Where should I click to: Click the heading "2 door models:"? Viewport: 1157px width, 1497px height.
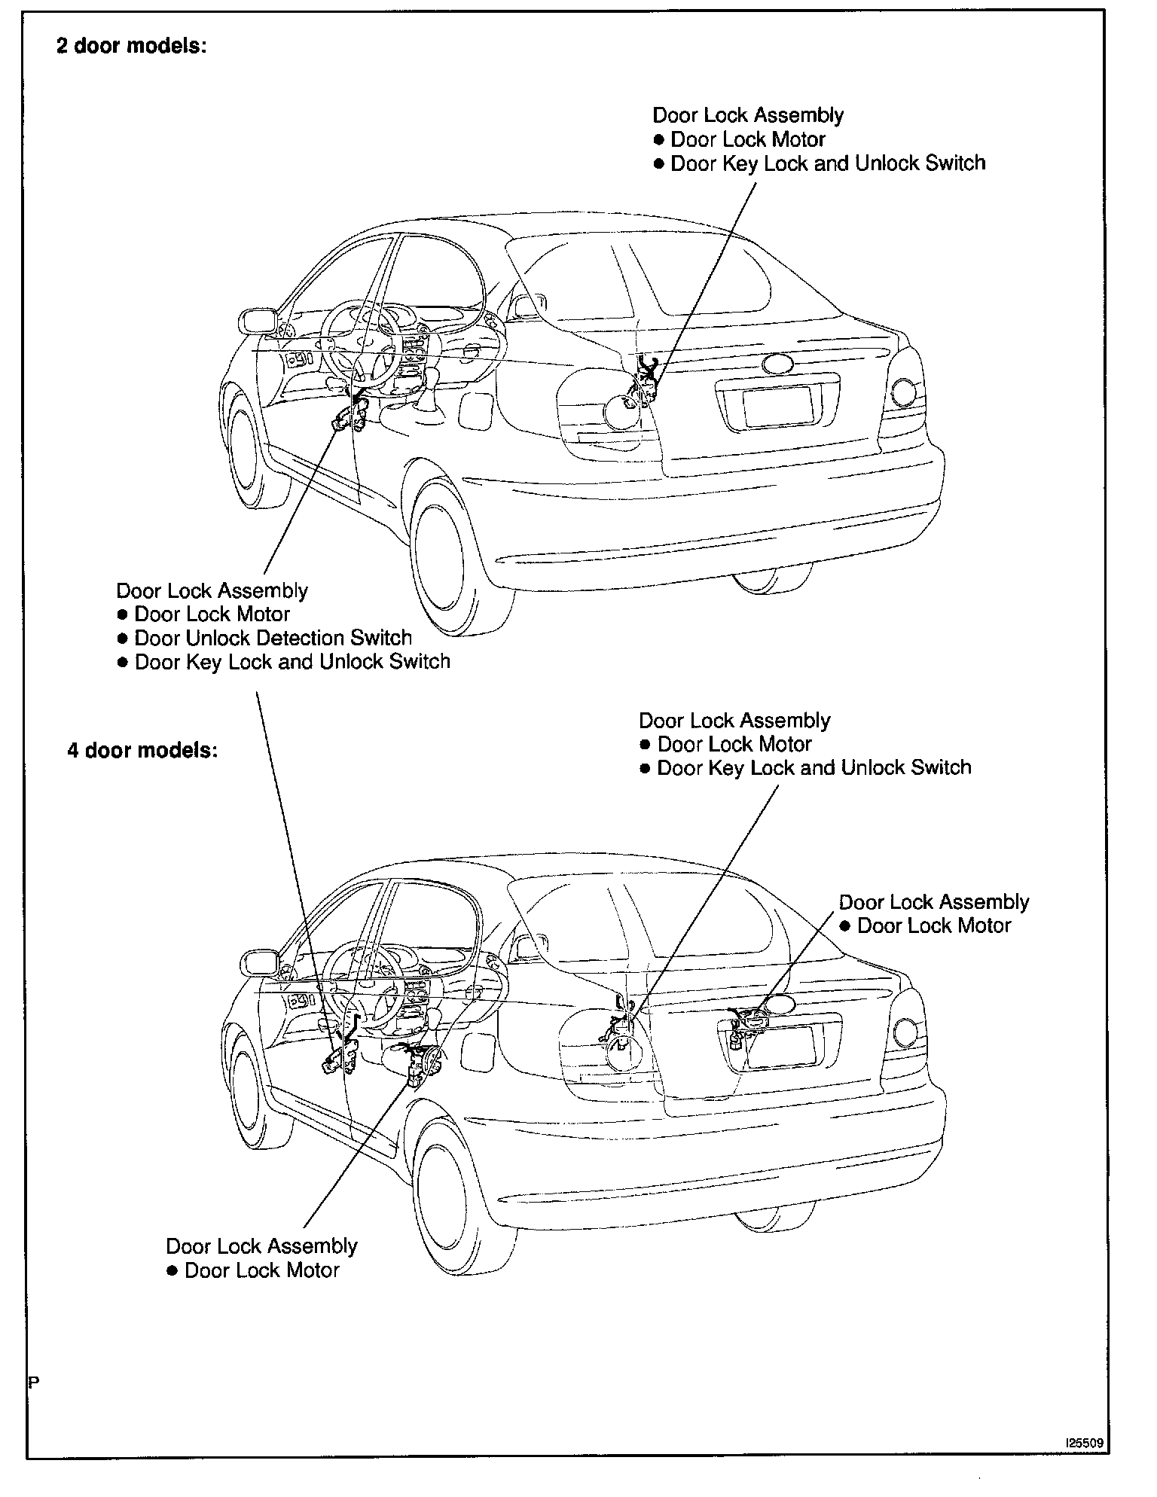click(131, 46)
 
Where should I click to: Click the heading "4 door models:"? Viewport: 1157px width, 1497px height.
click(142, 751)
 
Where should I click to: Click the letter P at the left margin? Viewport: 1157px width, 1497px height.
click(33, 1382)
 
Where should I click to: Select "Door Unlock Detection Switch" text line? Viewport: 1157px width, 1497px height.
click(273, 639)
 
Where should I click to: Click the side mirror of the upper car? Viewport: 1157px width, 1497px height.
click(257, 321)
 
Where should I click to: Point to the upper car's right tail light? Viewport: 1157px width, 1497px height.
click(903, 392)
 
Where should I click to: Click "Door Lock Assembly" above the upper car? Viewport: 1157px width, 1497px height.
click(748, 115)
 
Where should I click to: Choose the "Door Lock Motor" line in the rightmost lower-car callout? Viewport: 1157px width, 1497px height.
click(934, 925)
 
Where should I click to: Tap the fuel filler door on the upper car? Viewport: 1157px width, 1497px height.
click(475, 410)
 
